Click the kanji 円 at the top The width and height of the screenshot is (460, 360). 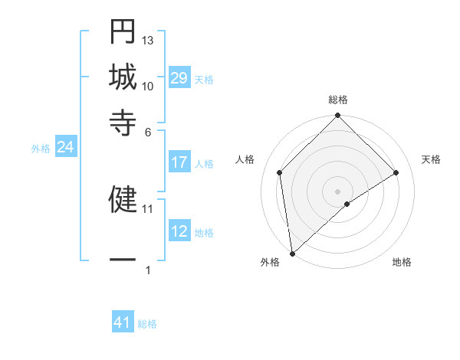[123, 33]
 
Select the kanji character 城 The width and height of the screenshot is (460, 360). [123, 77]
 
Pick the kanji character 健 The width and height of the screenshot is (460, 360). [123, 198]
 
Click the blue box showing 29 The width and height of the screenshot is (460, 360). [179, 78]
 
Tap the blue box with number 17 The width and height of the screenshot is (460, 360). [179, 162]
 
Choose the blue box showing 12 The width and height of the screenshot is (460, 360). [179, 231]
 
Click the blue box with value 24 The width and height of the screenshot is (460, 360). [65, 148]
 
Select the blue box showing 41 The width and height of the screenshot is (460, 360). [123, 322]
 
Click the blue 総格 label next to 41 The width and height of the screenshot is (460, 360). [147, 324]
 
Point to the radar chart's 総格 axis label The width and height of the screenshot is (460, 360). [337, 100]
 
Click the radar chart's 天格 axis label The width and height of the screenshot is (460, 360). [431, 159]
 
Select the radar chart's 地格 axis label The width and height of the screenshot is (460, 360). [402, 262]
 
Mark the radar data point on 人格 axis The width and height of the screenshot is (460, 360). [280, 172]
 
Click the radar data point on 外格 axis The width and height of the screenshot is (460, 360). [292, 254]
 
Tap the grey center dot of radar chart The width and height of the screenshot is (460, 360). [337, 191]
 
